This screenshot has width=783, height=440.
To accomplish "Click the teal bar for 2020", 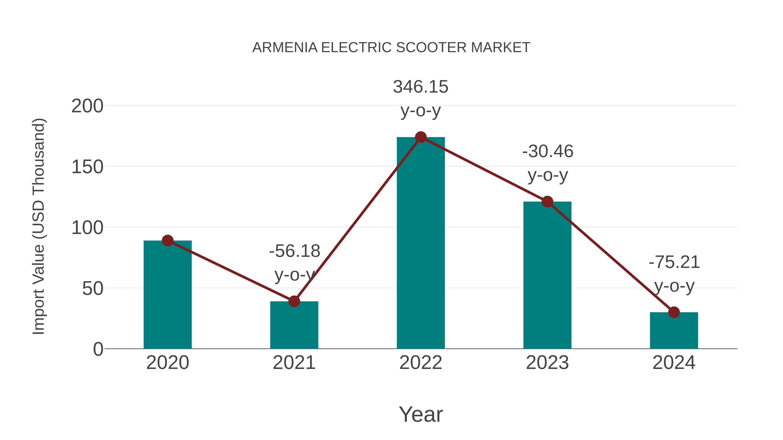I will coord(167,295).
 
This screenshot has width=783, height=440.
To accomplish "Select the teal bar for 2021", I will coord(294,325).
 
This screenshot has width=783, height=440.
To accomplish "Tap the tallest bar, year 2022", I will coord(421,243).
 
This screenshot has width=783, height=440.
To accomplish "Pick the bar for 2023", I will coord(547,275).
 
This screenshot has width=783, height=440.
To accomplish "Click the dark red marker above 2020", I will coord(167,241).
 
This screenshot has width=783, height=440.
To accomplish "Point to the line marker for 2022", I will coord(421,137).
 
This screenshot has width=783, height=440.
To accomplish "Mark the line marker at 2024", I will coord(674,312).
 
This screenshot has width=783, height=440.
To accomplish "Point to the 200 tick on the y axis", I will coord(87,106).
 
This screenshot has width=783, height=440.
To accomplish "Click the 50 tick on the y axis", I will coord(93,289).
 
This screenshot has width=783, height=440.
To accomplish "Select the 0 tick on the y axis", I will coord(98,349).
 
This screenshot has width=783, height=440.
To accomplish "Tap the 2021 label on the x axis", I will coord(294,363).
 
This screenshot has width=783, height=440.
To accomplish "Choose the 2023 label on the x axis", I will coord(547,363).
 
